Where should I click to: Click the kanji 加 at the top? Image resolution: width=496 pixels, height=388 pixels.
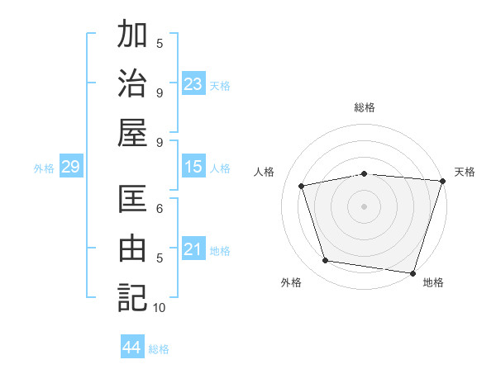(132, 35)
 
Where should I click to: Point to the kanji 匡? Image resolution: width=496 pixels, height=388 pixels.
(132, 199)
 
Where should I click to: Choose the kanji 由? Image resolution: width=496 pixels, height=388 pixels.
(132, 248)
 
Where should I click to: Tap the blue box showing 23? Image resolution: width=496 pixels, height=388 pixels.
(193, 83)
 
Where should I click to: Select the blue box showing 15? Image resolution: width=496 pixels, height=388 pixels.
(193, 167)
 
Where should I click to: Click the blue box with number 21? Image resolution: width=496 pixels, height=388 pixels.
(193, 249)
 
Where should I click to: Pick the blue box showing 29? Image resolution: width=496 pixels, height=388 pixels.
(70, 167)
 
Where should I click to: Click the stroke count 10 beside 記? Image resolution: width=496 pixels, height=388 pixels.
(160, 308)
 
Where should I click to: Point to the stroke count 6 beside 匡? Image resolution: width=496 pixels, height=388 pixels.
(160, 208)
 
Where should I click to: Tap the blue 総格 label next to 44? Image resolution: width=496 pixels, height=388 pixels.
(159, 349)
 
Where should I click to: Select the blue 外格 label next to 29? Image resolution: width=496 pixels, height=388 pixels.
(44, 168)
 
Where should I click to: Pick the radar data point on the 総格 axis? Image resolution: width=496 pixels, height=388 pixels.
(364, 173)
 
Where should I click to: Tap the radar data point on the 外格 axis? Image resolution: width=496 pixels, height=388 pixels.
(326, 261)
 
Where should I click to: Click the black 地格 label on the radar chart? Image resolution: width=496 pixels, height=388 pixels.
(433, 283)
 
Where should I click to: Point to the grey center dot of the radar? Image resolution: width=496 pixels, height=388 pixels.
(364, 206)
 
